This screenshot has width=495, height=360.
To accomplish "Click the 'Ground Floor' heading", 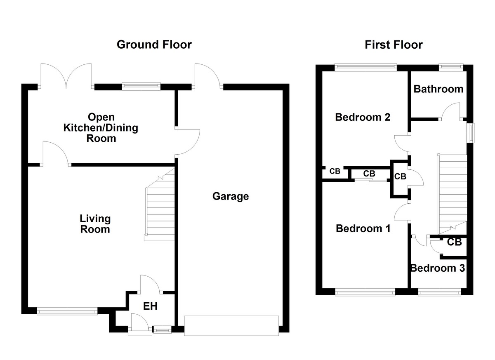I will pyautogui.click(x=154, y=45).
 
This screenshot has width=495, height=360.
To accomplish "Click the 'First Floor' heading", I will pyautogui.click(x=394, y=45).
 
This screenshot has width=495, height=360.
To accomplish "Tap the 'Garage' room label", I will pyautogui.click(x=231, y=196).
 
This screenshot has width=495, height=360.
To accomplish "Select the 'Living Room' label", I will pyautogui.click(x=95, y=224).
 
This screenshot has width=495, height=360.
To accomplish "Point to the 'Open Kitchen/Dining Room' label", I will pyautogui.click(x=101, y=128).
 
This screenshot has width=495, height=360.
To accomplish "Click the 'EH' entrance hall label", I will pyautogui.click(x=150, y=306).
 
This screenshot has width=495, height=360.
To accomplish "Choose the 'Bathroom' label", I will pyautogui.click(x=438, y=89).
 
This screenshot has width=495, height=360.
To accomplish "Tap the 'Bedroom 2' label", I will pyautogui.click(x=363, y=117).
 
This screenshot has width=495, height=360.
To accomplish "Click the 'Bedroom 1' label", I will pyautogui.click(x=363, y=228).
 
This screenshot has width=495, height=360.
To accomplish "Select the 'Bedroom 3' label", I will pyautogui.click(x=438, y=268).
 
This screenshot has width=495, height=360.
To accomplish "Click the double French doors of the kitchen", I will pyautogui.click(x=66, y=77).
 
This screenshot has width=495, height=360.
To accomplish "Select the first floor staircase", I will pyautogui.click(x=452, y=192).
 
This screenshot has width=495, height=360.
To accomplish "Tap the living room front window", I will pyautogui.click(x=67, y=311).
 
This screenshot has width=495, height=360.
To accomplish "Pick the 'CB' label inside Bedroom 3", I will pyautogui.click(x=455, y=242).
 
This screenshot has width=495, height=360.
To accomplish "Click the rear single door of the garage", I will pyautogui.click(x=208, y=76).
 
